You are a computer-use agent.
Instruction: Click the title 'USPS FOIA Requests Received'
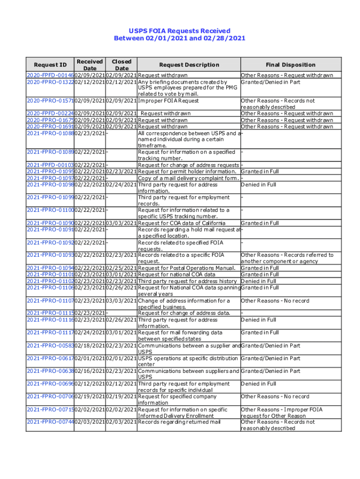coord(180,31)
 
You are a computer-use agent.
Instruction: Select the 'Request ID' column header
coord(50,65)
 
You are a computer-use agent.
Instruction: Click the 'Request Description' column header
coord(189,65)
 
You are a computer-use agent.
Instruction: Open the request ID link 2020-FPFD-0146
coord(50,75)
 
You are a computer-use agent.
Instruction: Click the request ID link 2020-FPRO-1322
coord(50,82)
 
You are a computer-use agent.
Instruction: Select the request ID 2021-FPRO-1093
coord(50,255)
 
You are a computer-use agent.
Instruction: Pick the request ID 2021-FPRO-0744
coord(50,422)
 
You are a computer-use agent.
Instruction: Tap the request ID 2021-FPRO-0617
coord(50,358)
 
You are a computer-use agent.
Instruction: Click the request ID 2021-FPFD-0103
coord(50,165)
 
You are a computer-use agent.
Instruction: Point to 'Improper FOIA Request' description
coord(169,101)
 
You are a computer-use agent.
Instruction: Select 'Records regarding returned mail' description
coord(180,422)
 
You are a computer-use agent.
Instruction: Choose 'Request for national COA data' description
coord(177,275)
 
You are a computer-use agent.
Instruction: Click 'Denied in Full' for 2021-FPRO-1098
coord(259,185)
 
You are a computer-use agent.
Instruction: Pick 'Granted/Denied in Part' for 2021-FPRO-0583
coord(270,346)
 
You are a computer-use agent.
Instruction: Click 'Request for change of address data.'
coord(184,313)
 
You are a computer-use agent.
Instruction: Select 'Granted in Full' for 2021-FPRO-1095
coord(260,172)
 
